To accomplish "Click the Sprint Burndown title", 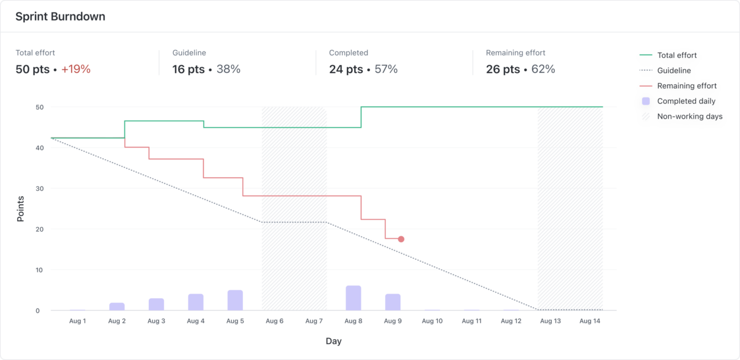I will click(60, 16).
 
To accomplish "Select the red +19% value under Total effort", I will click(76, 69).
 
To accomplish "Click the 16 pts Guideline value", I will click(188, 69).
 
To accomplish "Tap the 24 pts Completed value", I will click(345, 69).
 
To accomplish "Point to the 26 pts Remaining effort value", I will click(502, 69).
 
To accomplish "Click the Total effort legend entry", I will click(676, 55).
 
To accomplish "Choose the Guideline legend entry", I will click(674, 70).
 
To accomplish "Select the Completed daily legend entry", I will click(686, 101).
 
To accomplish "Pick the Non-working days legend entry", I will click(689, 116).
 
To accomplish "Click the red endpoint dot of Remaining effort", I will click(401, 239).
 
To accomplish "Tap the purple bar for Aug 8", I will click(353, 298).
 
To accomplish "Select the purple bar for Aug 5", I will click(235, 300).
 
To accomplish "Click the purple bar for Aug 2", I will click(117, 307).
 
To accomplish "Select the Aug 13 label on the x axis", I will click(550, 321).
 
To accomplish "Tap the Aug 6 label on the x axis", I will click(275, 321).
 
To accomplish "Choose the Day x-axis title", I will click(333, 341).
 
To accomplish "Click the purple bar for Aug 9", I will click(393, 302).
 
